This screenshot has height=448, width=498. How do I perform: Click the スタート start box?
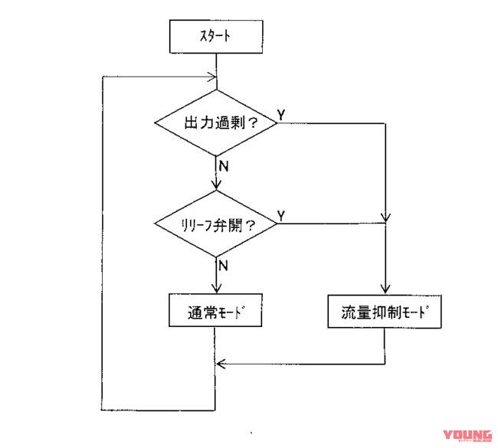(x=218, y=35)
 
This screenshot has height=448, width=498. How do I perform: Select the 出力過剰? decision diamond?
(x=217, y=123)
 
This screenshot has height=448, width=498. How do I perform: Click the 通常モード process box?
(x=217, y=312)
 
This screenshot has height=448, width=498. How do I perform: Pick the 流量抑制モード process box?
(x=385, y=312)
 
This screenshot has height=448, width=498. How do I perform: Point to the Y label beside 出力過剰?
(x=281, y=113)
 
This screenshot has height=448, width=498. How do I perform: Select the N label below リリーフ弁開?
(x=224, y=265)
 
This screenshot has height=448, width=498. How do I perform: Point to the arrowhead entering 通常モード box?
(x=218, y=289)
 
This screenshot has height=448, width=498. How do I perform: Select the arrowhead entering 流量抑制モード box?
(x=385, y=289)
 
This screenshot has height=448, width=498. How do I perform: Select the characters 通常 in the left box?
(x=199, y=313)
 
